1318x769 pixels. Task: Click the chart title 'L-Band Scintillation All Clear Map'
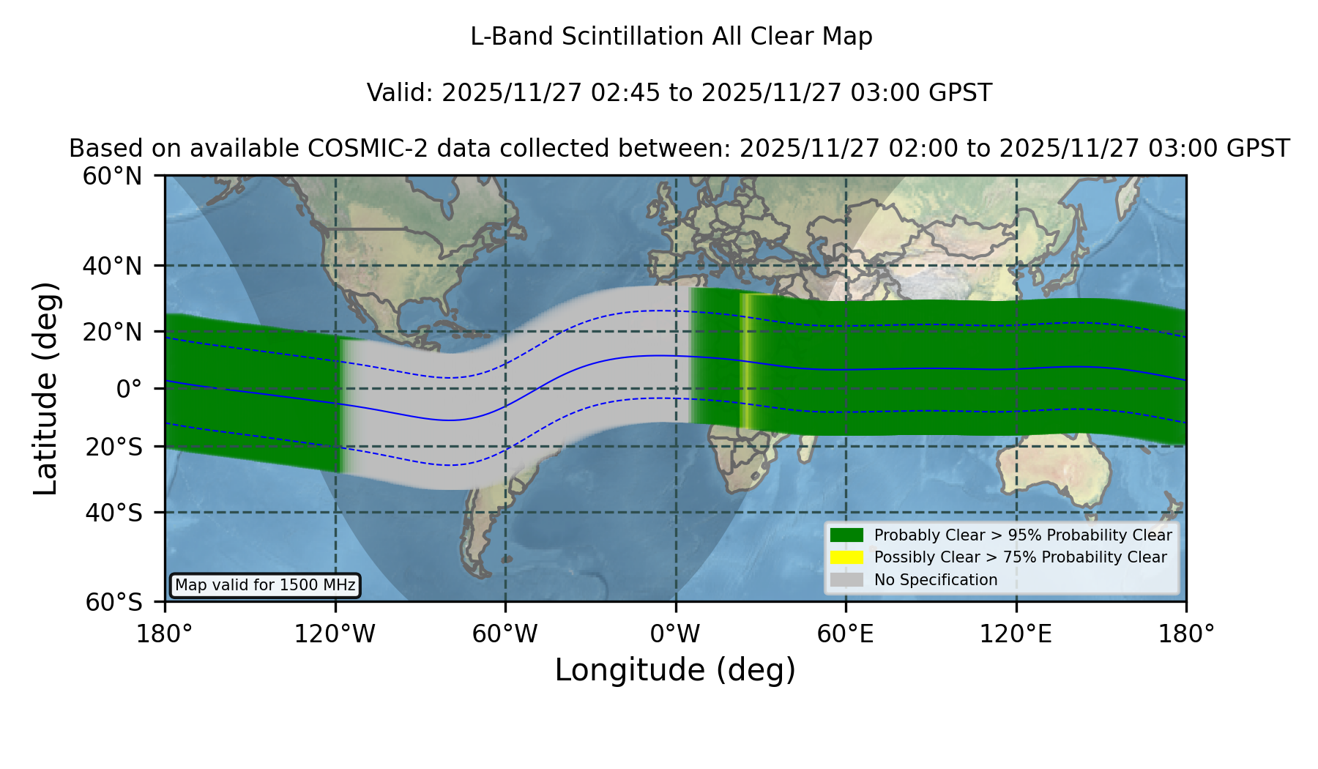671,37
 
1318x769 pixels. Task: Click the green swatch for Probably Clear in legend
847,535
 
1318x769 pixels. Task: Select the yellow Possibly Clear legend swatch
847,557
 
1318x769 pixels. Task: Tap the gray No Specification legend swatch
847,580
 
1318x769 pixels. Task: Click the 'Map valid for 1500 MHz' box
265,585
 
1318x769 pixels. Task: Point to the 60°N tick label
112,177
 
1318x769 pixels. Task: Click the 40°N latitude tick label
112,266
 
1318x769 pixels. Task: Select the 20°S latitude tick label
113,447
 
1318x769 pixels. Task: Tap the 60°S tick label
113,602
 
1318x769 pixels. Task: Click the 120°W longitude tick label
335,634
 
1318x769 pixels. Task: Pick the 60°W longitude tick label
505,634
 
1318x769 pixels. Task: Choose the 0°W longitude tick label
675,634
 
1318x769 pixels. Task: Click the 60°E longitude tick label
846,634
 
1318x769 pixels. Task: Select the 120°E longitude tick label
1016,634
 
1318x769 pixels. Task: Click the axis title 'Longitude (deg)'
675,670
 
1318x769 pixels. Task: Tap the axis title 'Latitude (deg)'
46,388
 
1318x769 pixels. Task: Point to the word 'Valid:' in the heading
401,93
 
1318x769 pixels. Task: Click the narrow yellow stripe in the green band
745,361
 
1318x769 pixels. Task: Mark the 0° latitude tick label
130,389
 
